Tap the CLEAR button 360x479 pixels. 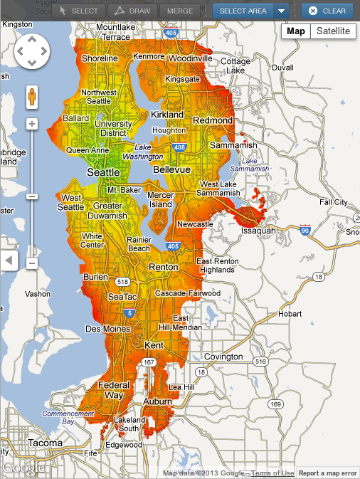[x=327, y=11]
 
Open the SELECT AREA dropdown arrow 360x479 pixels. [x=282, y=11]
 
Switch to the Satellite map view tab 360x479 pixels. [x=333, y=31]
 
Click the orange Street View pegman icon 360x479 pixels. [x=32, y=98]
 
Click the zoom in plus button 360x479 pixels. [x=32, y=124]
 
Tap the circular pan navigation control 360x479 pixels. [x=32, y=52]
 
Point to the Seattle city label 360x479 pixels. [x=103, y=173]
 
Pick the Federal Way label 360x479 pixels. [x=114, y=390]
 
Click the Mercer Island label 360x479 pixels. [x=160, y=199]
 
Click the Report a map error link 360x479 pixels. [x=327, y=473]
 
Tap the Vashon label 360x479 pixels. [x=38, y=293]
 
